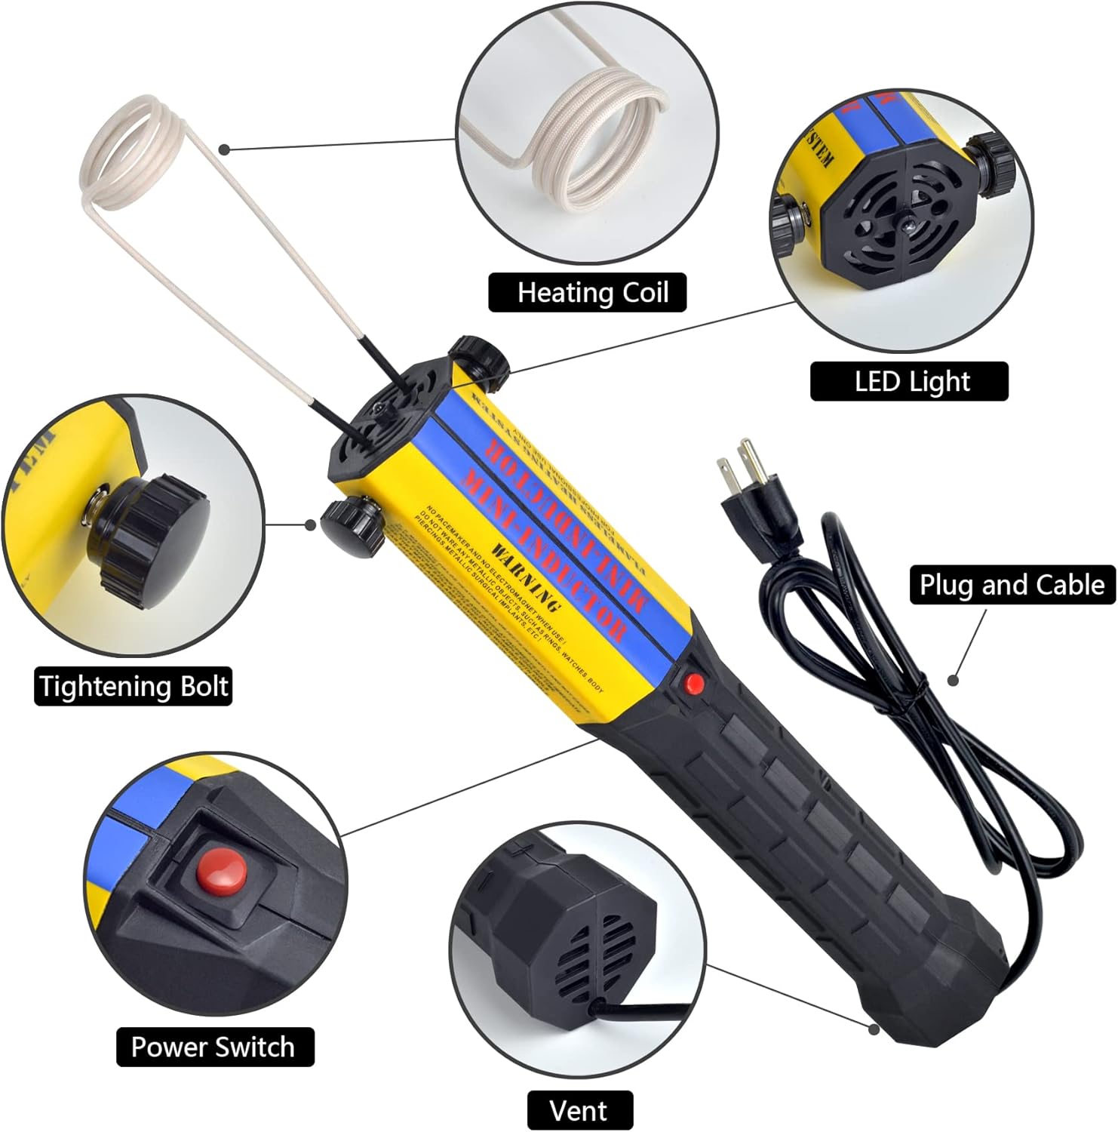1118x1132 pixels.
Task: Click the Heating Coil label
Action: tap(588, 293)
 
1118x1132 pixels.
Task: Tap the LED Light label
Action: tap(909, 381)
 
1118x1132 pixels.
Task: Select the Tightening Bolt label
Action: tap(133, 687)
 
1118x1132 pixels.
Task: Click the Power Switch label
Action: tap(214, 1047)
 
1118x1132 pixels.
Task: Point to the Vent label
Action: tap(579, 1110)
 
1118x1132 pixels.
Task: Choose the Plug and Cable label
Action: tap(1012, 585)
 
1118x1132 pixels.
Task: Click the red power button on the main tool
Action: tap(694, 684)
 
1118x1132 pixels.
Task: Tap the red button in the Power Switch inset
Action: tap(222, 869)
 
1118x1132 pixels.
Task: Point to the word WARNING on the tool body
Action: tap(526, 577)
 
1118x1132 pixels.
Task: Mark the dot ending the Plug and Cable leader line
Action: tap(954, 680)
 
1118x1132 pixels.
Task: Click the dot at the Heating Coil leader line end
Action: tap(224, 149)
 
